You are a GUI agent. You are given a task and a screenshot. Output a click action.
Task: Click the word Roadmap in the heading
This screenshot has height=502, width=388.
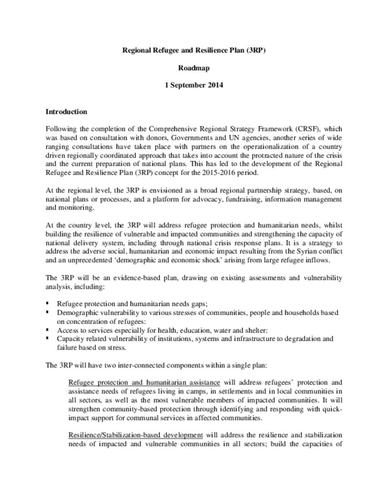(x=194, y=68)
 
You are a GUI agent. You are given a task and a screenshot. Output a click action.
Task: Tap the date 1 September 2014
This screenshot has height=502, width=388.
(x=194, y=85)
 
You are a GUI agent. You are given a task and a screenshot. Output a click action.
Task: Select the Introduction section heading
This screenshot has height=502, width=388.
(x=66, y=112)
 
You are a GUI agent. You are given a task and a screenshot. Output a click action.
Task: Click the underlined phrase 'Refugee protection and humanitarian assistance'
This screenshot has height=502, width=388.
(x=144, y=383)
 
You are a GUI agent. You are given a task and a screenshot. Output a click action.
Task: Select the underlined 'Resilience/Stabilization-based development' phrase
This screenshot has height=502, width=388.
(x=135, y=435)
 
